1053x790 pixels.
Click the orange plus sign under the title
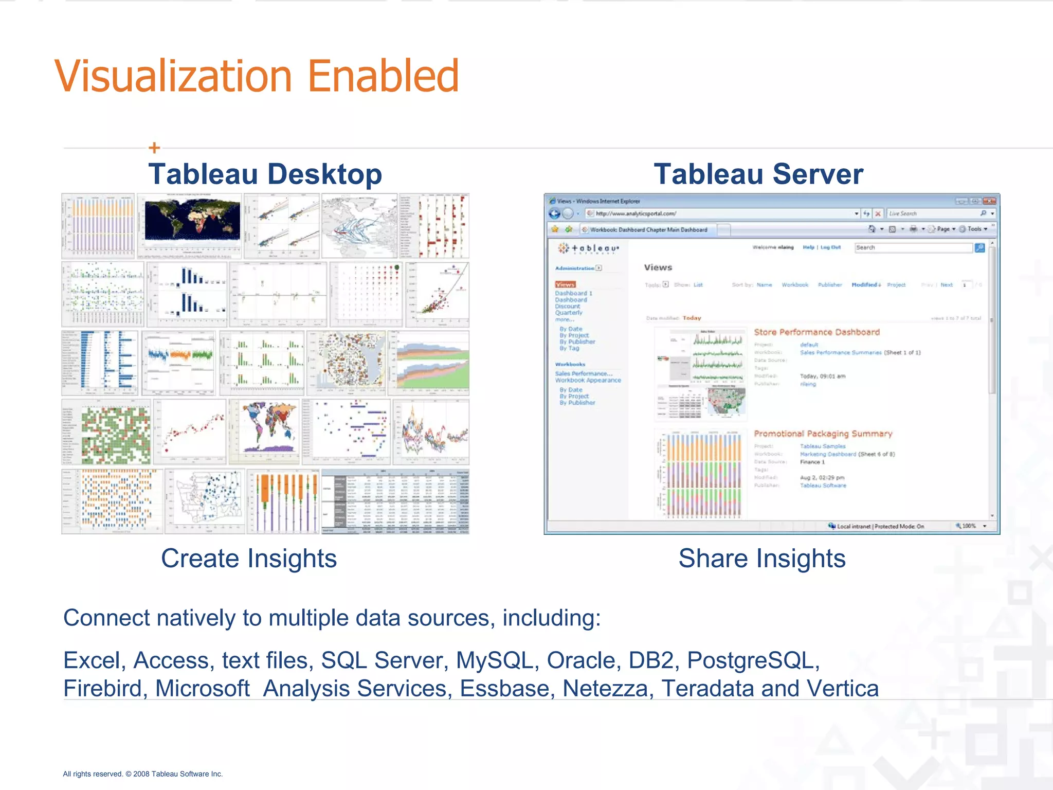click(x=154, y=148)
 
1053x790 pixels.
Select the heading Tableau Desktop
click(x=265, y=174)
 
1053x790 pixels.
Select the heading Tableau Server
click(x=758, y=174)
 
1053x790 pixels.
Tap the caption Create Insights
click(x=249, y=559)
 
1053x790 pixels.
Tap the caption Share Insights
click(x=762, y=559)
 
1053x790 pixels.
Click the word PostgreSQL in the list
click(x=753, y=660)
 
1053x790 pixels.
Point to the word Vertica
click(x=843, y=688)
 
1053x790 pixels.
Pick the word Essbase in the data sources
click(x=507, y=688)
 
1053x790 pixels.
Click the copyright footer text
click(x=143, y=774)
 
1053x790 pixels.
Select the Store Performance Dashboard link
click(x=816, y=332)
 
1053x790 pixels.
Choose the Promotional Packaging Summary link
click(x=823, y=434)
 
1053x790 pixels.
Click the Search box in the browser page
click(x=913, y=248)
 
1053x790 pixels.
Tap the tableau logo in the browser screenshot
click(x=589, y=248)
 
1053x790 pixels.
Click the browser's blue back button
click(x=554, y=213)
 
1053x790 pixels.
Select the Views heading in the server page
click(x=658, y=267)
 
